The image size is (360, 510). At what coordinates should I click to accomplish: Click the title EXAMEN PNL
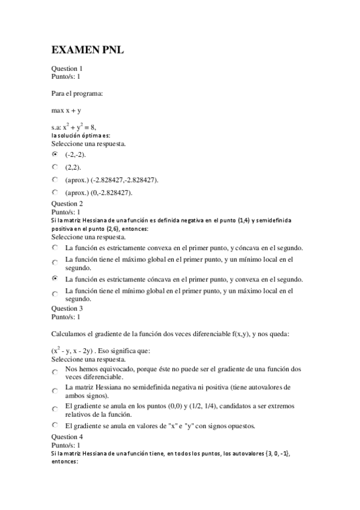88,51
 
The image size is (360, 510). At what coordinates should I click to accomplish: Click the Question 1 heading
67,69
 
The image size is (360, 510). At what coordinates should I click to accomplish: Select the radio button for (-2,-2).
55,154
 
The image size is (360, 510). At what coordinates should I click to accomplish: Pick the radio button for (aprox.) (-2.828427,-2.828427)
55,179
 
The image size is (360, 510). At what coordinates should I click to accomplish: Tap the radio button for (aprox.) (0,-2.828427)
55,192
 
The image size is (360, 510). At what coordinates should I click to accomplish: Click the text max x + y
66,111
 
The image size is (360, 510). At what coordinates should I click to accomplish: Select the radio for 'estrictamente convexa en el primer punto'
55,248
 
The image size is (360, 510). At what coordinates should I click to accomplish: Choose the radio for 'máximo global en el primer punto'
55,263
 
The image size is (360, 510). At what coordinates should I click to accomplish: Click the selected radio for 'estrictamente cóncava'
55,279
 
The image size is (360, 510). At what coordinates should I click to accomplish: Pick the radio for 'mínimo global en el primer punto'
55,294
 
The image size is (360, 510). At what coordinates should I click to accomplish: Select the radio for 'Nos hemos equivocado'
55,373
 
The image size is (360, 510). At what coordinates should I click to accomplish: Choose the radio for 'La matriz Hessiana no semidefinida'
55,391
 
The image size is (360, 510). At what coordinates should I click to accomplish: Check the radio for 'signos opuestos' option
55,426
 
